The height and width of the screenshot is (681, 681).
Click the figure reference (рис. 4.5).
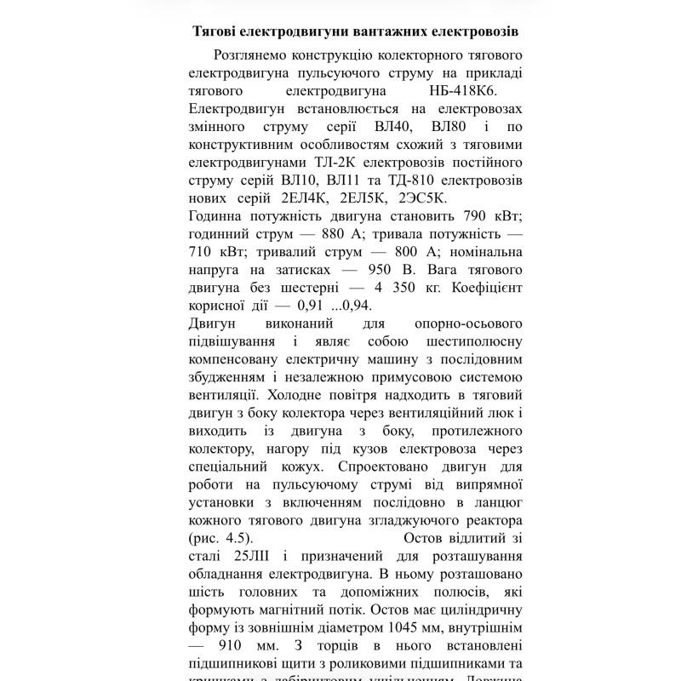click(220, 539)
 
